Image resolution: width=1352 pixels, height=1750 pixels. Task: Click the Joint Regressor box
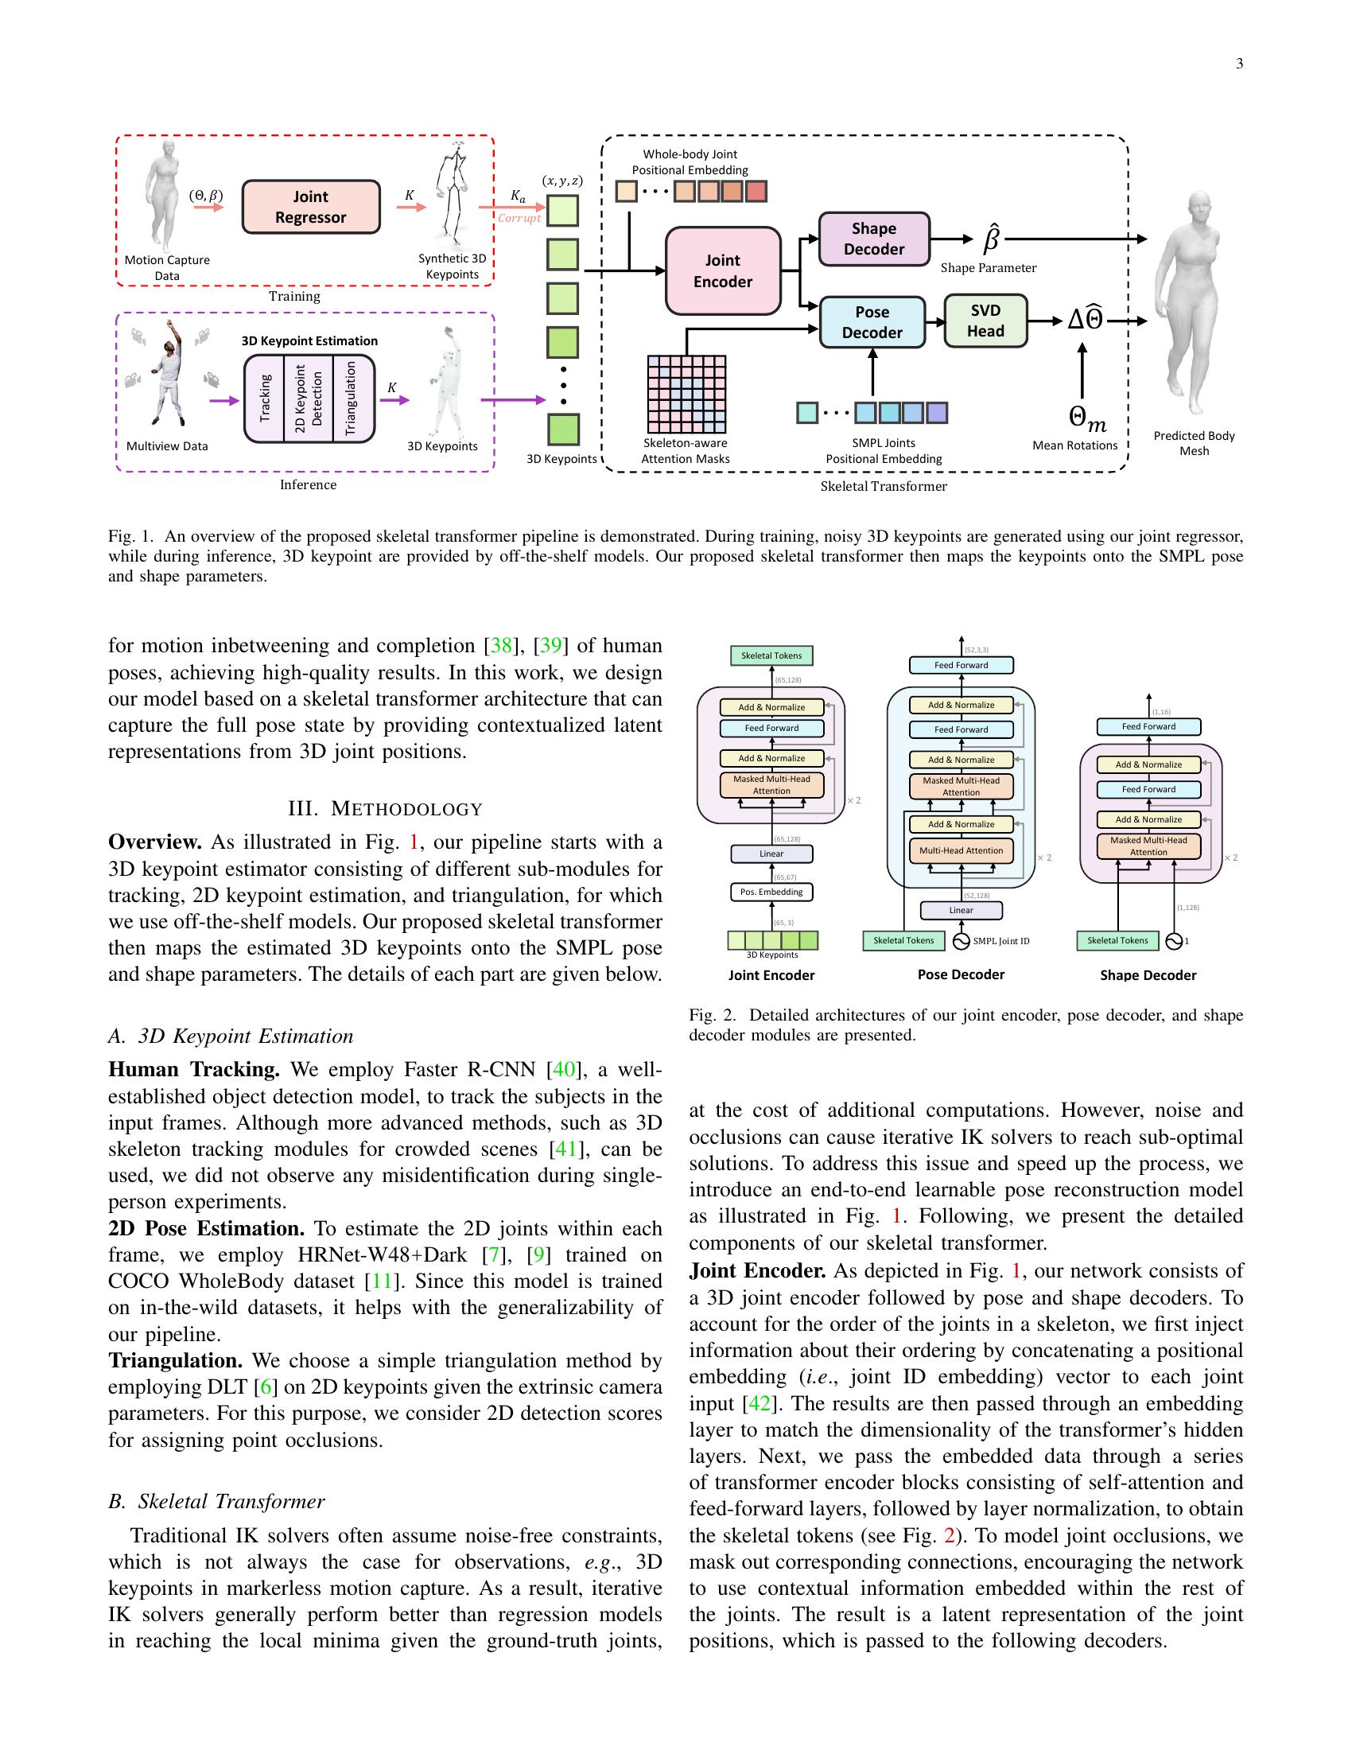point(311,207)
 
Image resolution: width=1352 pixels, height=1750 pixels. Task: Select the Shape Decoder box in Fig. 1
point(874,239)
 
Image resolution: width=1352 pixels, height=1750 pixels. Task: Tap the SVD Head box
point(985,321)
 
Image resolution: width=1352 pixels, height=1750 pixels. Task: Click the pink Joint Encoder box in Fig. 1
point(722,270)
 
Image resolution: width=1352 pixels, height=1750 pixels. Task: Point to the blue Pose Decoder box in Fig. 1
point(872,322)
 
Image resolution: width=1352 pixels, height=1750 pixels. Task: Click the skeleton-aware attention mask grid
point(686,395)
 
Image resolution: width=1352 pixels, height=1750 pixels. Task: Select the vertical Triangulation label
point(349,399)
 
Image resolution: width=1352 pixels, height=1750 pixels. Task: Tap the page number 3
point(1239,64)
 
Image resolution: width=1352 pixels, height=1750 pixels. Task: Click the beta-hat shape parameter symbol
point(991,239)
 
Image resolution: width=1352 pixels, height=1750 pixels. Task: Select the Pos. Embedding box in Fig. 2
point(771,892)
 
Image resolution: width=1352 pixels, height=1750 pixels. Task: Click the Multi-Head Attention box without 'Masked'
point(962,850)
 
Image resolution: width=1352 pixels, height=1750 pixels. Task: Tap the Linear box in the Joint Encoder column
point(771,854)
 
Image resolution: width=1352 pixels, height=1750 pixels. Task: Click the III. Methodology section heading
point(385,808)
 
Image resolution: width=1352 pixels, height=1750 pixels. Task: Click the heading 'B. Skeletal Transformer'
point(216,1501)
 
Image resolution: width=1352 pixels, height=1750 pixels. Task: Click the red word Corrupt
point(519,218)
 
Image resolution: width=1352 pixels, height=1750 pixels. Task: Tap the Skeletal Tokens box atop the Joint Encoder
point(771,655)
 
